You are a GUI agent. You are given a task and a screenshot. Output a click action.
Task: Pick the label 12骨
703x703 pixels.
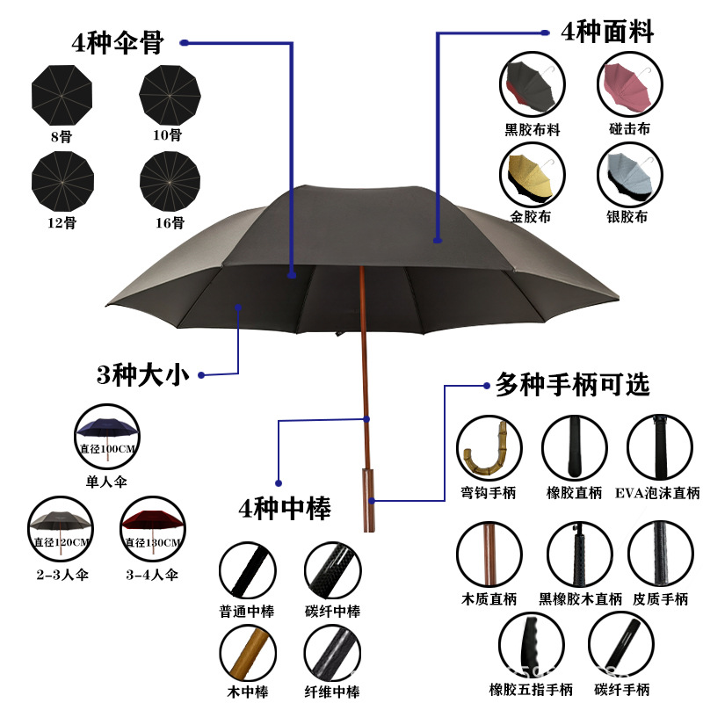coord(61,222)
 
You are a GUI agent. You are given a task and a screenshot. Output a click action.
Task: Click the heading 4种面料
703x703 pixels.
coord(607,33)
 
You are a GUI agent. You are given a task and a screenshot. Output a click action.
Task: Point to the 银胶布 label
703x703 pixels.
coord(627,217)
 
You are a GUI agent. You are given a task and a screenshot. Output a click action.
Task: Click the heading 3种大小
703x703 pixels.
coord(142,375)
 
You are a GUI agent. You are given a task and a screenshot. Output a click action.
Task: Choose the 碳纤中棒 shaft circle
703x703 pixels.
coord(332,571)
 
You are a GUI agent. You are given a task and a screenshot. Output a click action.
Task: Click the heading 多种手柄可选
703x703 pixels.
coord(572,385)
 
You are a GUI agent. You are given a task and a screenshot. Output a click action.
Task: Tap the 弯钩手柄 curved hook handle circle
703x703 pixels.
coord(489,447)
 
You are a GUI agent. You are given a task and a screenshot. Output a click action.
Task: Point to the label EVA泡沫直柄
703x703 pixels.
coord(658,493)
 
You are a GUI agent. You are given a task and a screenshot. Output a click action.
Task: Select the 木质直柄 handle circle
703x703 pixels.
coord(489,554)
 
